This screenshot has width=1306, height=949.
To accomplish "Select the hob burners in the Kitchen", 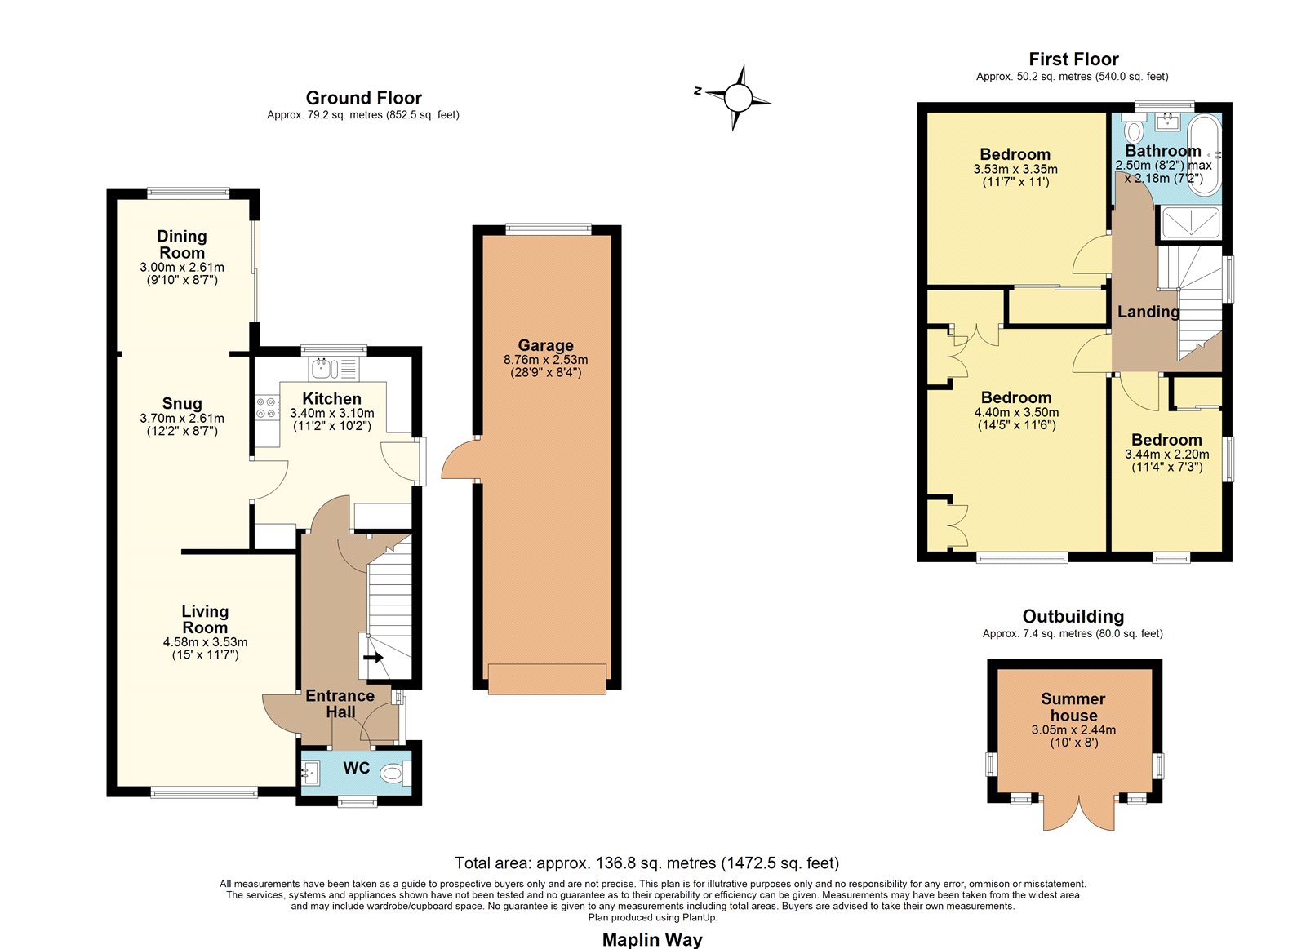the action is [x=266, y=407].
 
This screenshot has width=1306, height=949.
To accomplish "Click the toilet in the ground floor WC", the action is [x=395, y=774].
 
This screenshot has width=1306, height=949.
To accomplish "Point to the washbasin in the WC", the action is [x=309, y=774].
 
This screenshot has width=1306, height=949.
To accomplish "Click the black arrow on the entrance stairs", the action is [x=373, y=658].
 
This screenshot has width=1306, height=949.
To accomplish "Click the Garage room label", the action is [x=546, y=345].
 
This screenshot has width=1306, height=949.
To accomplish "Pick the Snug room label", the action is [x=182, y=403].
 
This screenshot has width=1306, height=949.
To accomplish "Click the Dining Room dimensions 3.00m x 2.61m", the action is [x=182, y=268].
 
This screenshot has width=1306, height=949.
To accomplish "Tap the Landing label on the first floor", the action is [x=1148, y=313].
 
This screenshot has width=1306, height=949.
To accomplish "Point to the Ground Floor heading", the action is [x=364, y=98].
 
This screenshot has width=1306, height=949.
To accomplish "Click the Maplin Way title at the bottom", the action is [x=652, y=939].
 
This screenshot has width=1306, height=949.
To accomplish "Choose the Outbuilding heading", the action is [x=1073, y=616].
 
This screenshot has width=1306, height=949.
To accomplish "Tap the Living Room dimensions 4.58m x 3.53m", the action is [x=205, y=642].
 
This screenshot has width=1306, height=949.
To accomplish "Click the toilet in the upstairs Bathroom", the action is [x=1134, y=127].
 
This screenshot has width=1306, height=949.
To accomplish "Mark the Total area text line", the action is [x=646, y=863].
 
